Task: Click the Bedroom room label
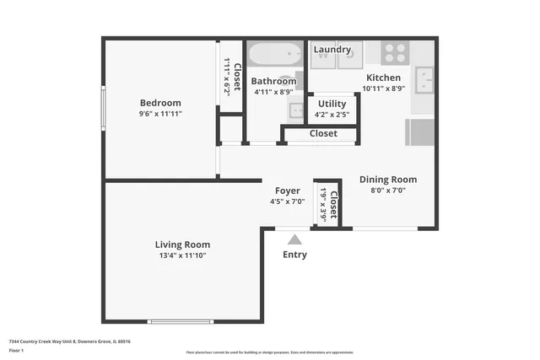[160, 103]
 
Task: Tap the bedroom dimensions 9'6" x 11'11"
[160, 114]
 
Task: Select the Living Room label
[181, 244]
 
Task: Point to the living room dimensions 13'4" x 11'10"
[181, 255]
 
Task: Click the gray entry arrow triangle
[294, 240]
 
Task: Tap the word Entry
[294, 255]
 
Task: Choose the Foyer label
[284, 191]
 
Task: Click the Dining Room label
[388, 180]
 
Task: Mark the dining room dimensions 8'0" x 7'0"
[388, 191]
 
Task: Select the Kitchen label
[382, 78]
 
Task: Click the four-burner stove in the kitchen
[394, 53]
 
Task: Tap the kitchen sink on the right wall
[426, 83]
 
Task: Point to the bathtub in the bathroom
[274, 55]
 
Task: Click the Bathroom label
[274, 82]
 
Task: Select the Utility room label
[332, 104]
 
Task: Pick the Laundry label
[332, 50]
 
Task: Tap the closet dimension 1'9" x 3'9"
[323, 204]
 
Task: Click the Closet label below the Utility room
[323, 133]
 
